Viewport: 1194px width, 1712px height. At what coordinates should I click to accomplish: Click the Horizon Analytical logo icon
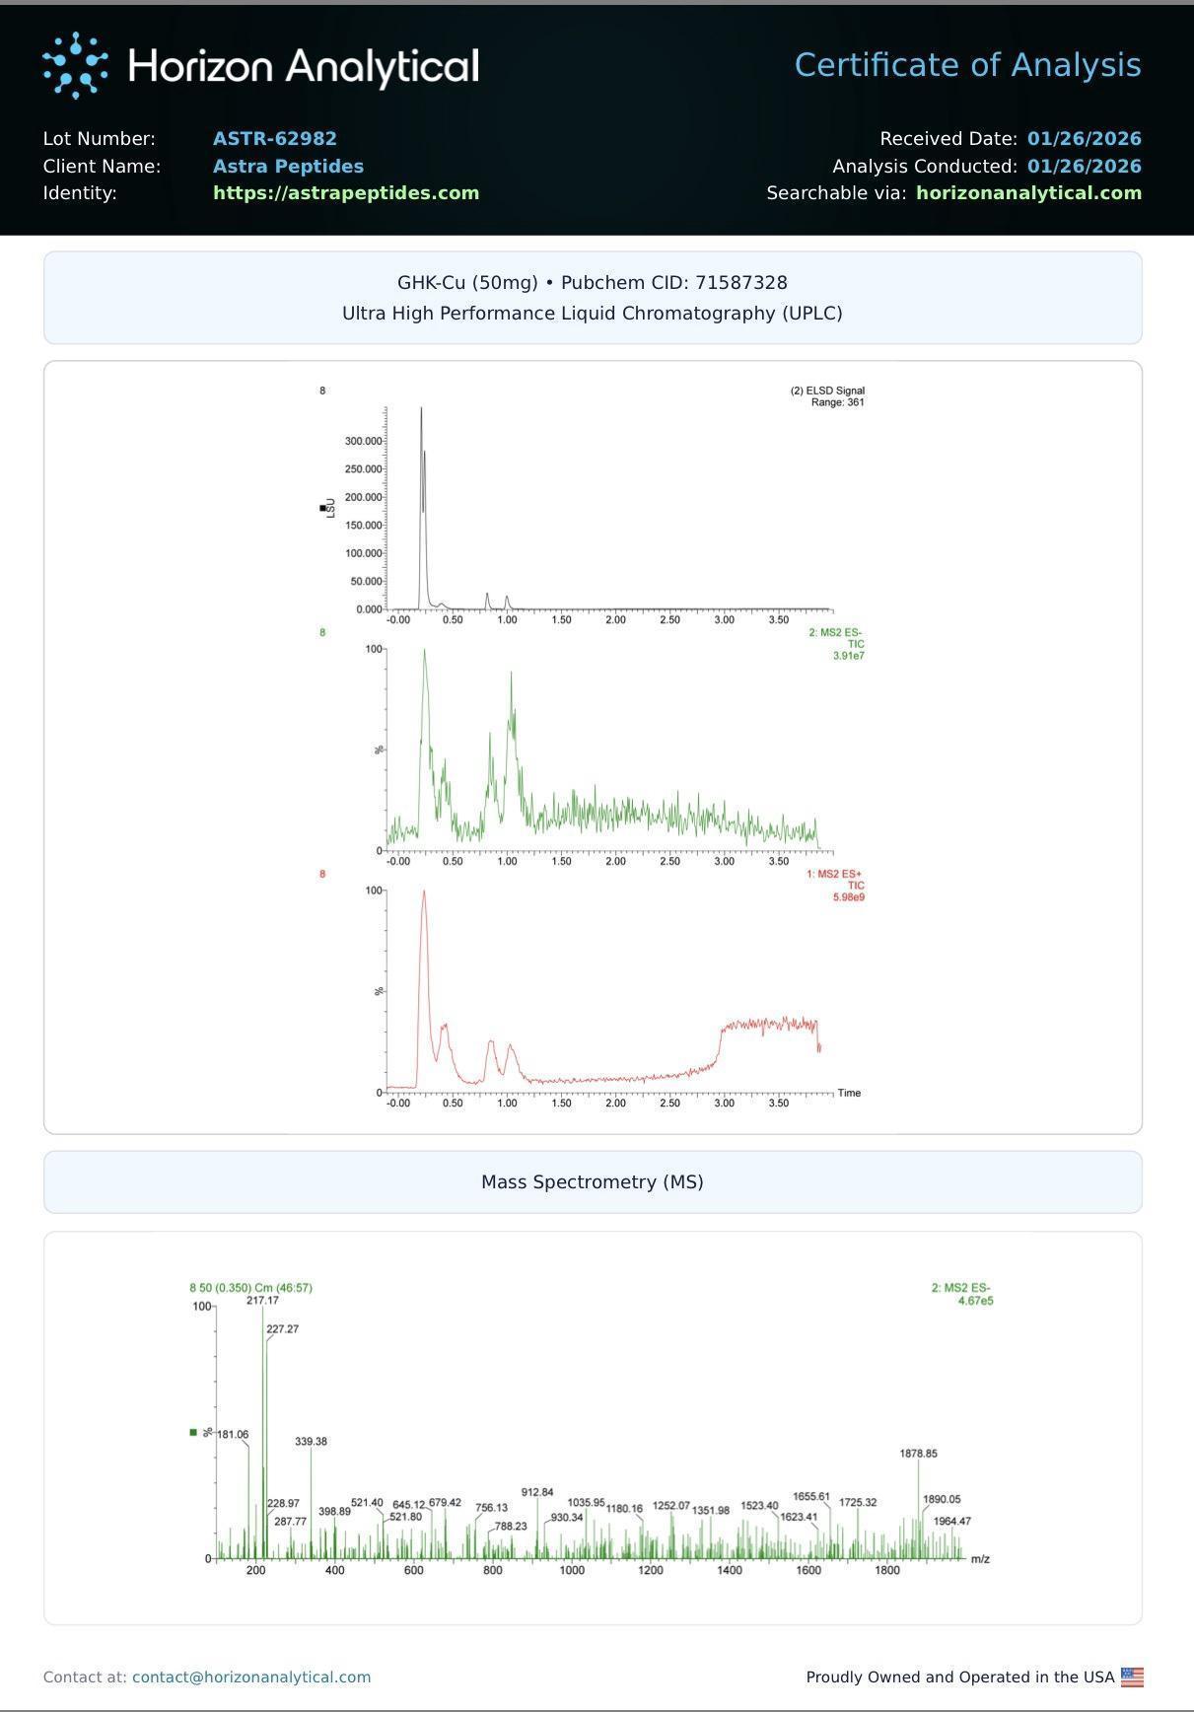point(75,66)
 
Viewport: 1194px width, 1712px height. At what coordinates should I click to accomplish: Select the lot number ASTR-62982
point(275,139)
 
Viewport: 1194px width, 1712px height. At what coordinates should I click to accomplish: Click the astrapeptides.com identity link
point(346,193)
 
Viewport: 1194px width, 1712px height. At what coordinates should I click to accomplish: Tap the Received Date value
point(1084,139)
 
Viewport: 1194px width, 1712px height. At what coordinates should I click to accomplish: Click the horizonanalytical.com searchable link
point(1028,193)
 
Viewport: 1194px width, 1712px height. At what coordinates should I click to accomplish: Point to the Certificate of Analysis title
point(967,65)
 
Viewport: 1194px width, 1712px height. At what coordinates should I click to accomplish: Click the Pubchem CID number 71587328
point(740,283)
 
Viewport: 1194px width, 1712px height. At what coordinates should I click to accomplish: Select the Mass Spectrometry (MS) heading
point(593,1181)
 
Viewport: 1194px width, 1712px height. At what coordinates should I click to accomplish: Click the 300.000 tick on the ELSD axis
point(363,441)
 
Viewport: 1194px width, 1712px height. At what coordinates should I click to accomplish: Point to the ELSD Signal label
point(834,391)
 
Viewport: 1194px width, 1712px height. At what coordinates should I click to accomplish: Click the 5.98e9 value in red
point(848,897)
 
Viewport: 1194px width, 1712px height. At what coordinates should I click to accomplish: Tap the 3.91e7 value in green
point(848,656)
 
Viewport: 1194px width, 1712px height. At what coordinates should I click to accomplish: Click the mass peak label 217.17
point(262,1300)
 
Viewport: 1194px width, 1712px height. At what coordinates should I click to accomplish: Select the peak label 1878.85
point(918,1454)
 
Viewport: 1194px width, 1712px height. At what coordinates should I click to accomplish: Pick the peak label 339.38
point(311,1442)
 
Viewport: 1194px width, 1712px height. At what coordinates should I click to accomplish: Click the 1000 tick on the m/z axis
point(572,1570)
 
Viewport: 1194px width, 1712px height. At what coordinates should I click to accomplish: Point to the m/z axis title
point(980,1559)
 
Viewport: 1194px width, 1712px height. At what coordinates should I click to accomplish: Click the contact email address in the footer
point(251,1676)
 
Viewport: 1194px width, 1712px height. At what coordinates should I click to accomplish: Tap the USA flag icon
point(1132,1676)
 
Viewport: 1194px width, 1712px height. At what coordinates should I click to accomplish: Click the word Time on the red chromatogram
point(849,1093)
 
